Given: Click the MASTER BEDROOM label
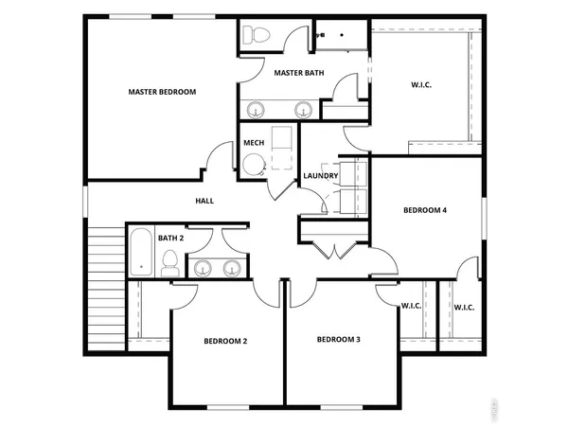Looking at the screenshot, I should [162, 92].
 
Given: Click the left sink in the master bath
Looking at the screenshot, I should [257, 109].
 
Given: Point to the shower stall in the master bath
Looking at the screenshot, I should [340, 35].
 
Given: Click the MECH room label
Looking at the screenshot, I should [254, 143].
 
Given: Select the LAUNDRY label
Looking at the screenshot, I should [320, 176].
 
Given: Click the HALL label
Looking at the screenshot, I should [204, 201].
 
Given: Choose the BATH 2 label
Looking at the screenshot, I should [170, 238].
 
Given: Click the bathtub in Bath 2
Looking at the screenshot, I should [141, 252].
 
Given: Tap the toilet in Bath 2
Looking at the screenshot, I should [170, 263].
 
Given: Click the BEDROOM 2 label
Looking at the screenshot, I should [225, 340].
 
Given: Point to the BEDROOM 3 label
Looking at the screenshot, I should [338, 339].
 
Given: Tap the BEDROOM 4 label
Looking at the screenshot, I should [424, 210].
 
